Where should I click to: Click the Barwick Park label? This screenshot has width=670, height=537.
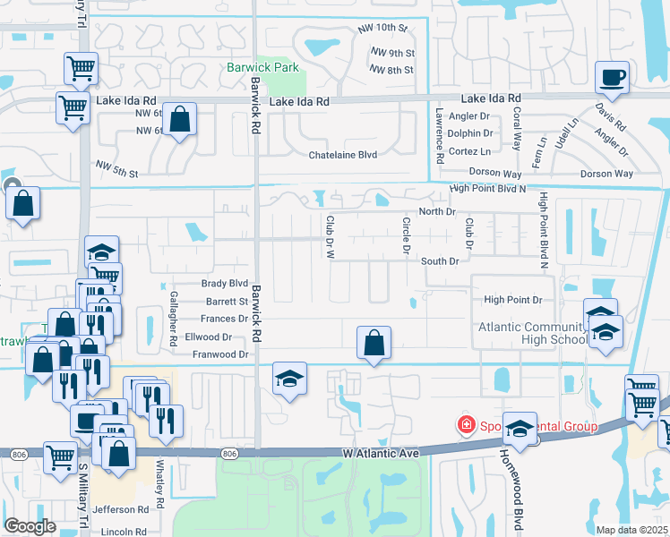(262, 67)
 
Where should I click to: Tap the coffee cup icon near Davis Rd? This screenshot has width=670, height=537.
(613, 78)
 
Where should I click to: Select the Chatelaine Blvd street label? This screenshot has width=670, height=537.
(343, 154)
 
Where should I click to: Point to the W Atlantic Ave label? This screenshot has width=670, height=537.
(381, 455)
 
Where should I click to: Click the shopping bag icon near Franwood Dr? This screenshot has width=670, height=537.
(374, 343)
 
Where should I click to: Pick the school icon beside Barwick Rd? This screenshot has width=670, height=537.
(290, 379)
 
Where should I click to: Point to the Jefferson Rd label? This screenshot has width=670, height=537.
(125, 509)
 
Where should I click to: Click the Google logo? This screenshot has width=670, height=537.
(30, 526)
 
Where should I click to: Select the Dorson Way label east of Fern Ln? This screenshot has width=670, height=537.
(606, 173)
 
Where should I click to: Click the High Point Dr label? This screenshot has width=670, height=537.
(513, 300)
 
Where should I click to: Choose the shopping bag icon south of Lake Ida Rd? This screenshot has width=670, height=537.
(179, 120)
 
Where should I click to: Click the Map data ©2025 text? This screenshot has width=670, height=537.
(631, 530)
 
